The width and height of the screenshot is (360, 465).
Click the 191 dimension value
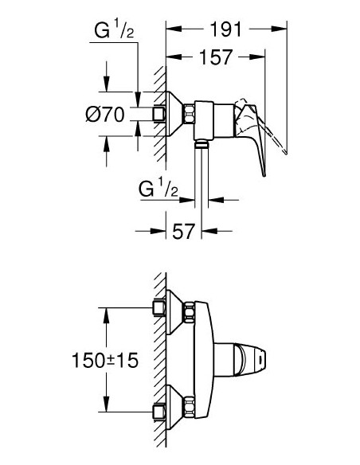pyautogui.click(x=225, y=30)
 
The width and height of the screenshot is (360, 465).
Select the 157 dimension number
pyautogui.click(x=216, y=57)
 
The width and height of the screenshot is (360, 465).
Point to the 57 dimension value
pyautogui.click(x=185, y=232)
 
